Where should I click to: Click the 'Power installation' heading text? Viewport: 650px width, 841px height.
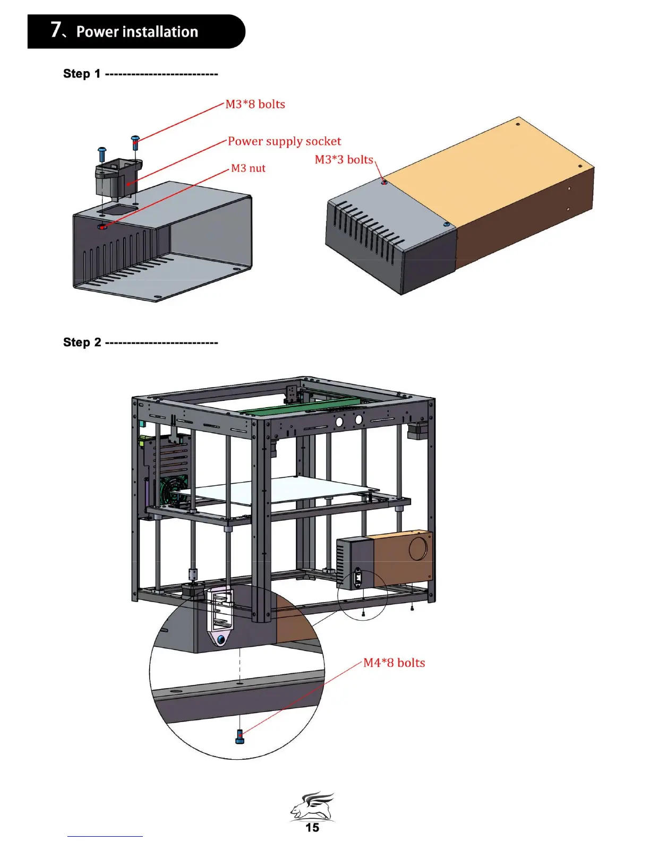[137, 32]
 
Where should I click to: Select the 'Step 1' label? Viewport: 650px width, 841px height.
[81, 74]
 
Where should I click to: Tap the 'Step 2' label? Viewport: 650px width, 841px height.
[81, 342]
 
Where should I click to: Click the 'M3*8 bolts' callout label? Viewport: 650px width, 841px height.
[255, 104]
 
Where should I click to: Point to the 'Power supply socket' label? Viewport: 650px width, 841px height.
[284, 141]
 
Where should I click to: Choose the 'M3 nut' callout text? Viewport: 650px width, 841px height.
[248, 168]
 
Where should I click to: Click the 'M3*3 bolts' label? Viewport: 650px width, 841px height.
[344, 160]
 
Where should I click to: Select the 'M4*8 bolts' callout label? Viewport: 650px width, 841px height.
[394, 663]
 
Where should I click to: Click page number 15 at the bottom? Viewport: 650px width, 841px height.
[312, 827]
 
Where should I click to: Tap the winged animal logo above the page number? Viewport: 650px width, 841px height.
[312, 806]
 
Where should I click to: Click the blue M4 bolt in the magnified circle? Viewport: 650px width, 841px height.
[240, 736]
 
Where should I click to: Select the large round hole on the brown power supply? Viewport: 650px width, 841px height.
[418, 548]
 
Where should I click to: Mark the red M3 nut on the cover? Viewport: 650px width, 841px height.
[102, 227]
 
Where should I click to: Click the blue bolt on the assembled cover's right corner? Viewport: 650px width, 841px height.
[447, 225]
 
